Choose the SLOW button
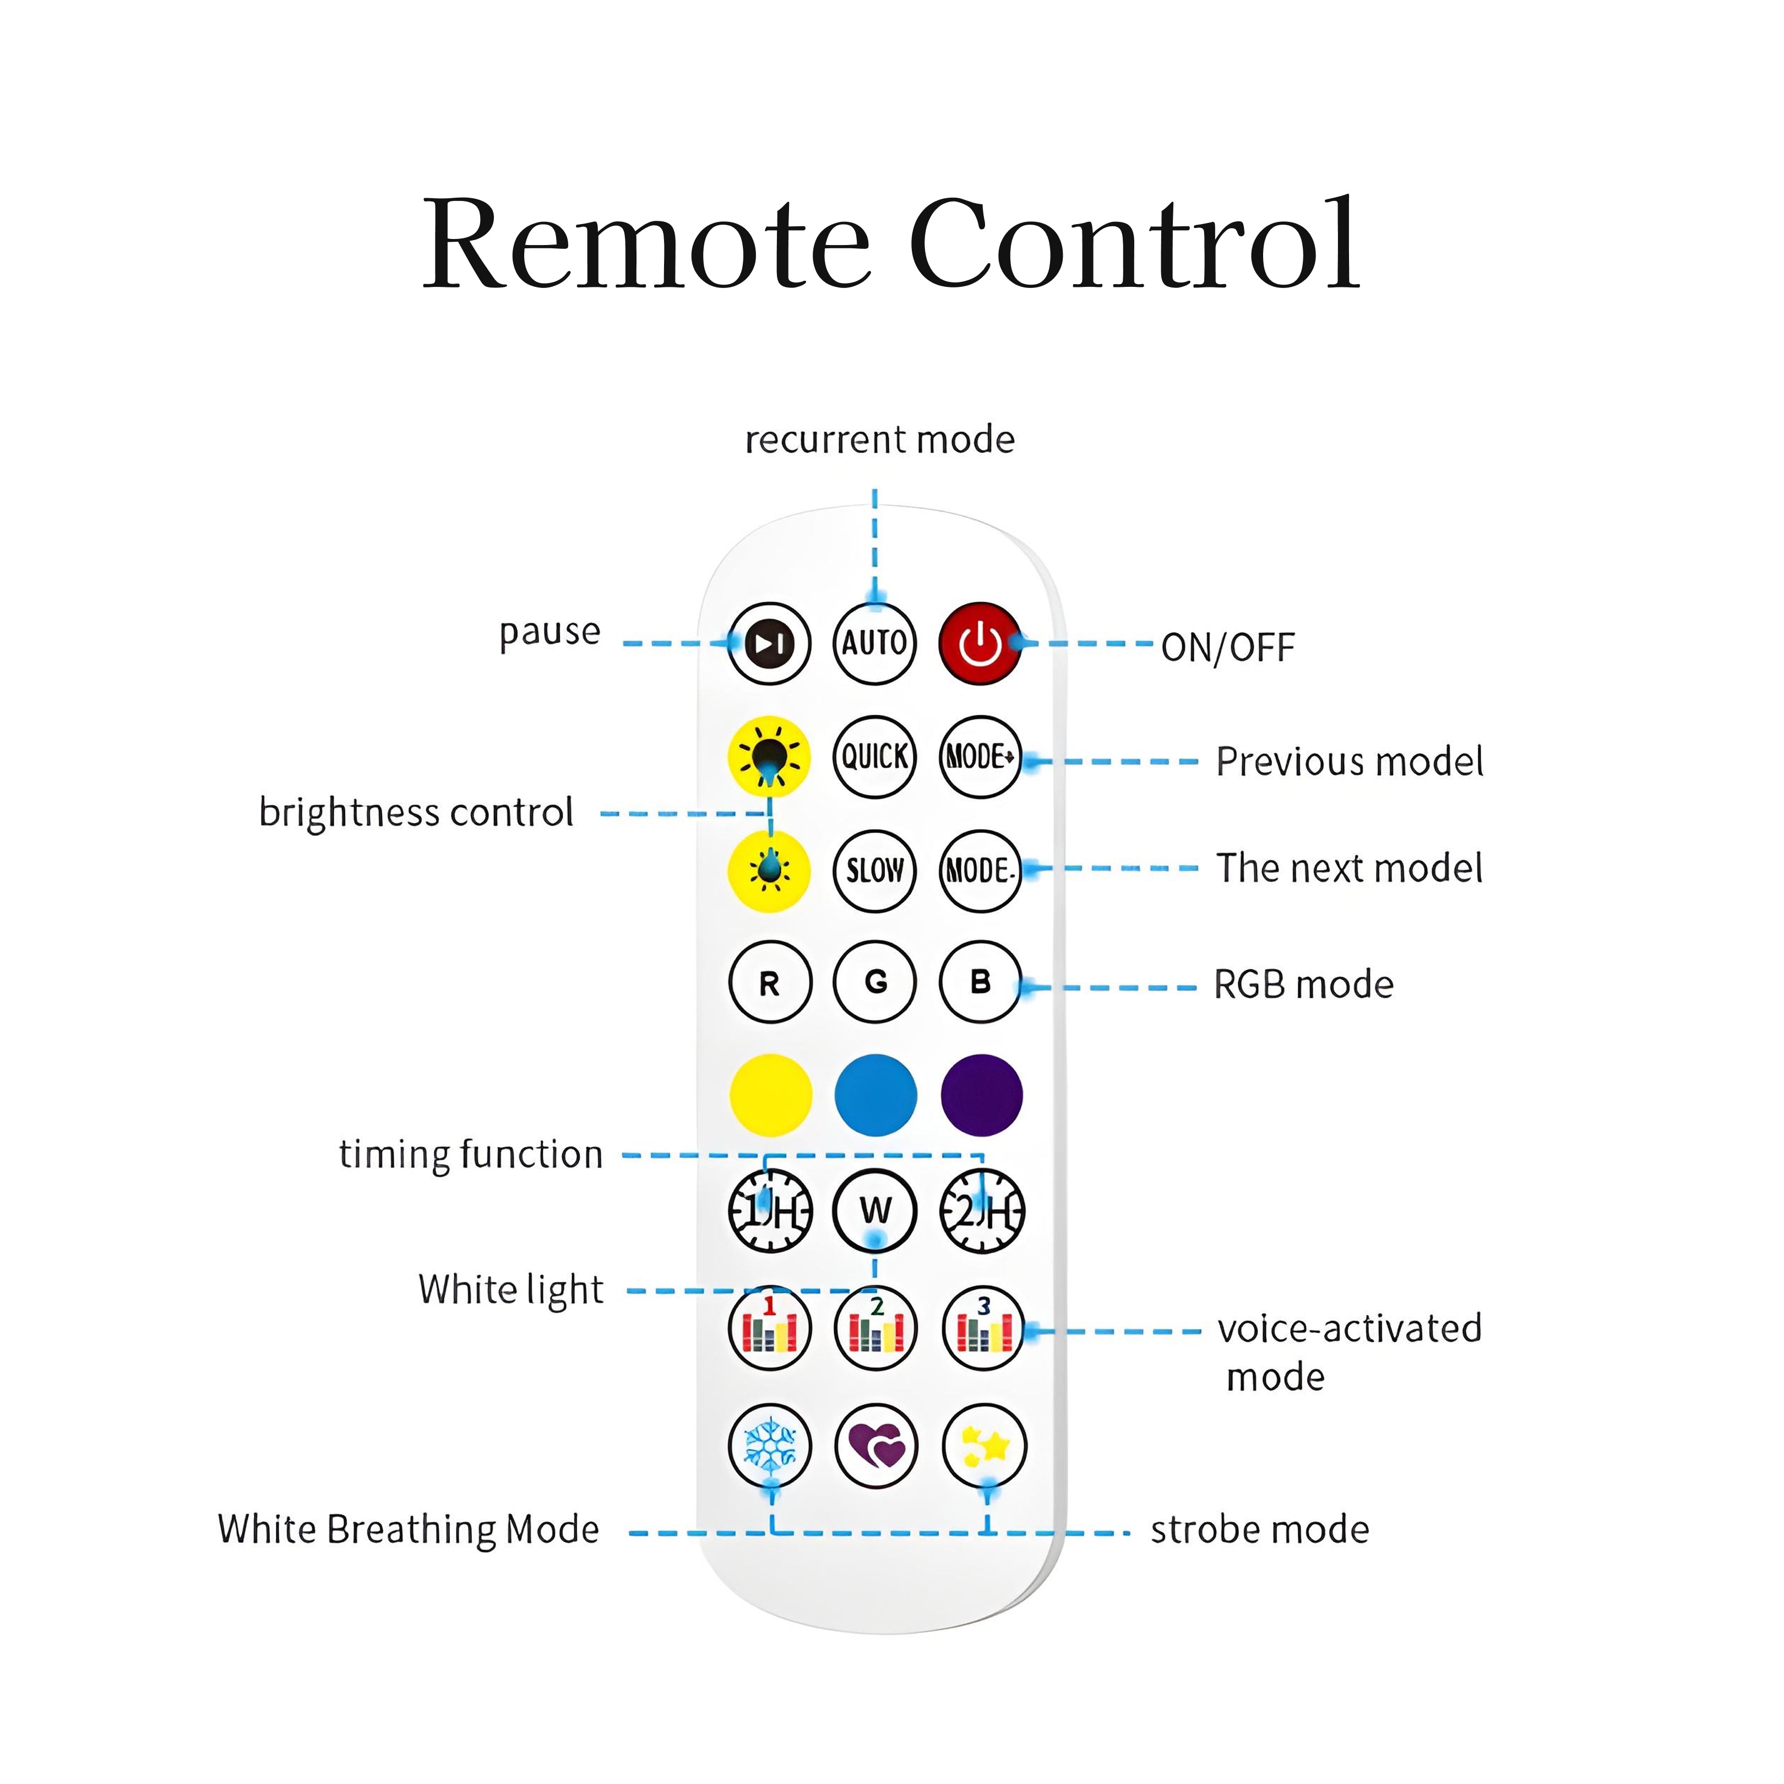pos(874,870)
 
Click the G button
pos(874,982)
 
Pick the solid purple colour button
pos(981,1095)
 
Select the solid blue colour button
pos(874,1095)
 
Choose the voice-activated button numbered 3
pos(982,1328)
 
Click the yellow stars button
pos(983,1446)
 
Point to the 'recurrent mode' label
pos(879,439)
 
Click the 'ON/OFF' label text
pos(1227,648)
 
